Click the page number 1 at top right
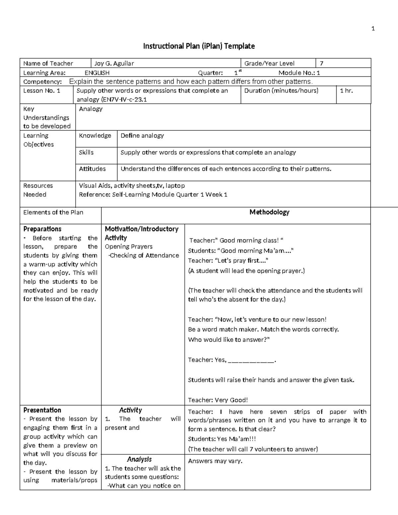pos(373,29)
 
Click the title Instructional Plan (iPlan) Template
pos(199,46)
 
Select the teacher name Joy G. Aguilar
pos(114,63)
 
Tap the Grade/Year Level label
pos(269,63)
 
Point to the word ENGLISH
pos(97,73)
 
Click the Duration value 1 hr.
pos(346,91)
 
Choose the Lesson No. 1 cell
pos(42,91)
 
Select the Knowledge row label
pos(95,136)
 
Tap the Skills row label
pos(86,153)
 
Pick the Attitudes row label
pos(92,169)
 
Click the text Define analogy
pos(142,136)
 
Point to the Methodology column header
pos(269,212)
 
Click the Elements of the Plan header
pos(53,212)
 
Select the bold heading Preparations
pos(42,229)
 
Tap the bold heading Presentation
pos(42,410)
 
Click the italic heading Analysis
pos(139,459)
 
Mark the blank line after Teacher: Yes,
pos(251,360)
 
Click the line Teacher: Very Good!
pos(218,400)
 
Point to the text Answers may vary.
pos(215,461)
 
